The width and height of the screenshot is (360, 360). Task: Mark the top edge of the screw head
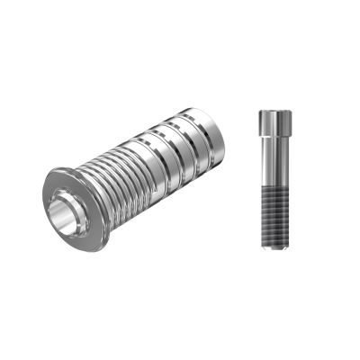pos(270,111)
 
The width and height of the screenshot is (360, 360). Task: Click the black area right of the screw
pos(324,180)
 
